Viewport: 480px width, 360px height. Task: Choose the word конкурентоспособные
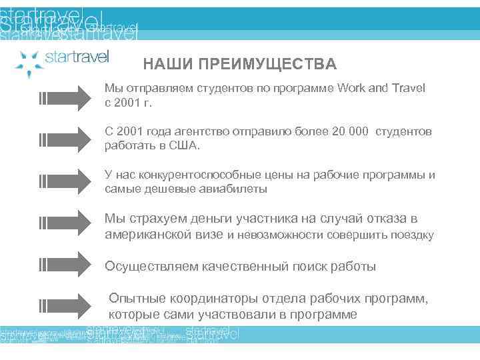click(x=199, y=175)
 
